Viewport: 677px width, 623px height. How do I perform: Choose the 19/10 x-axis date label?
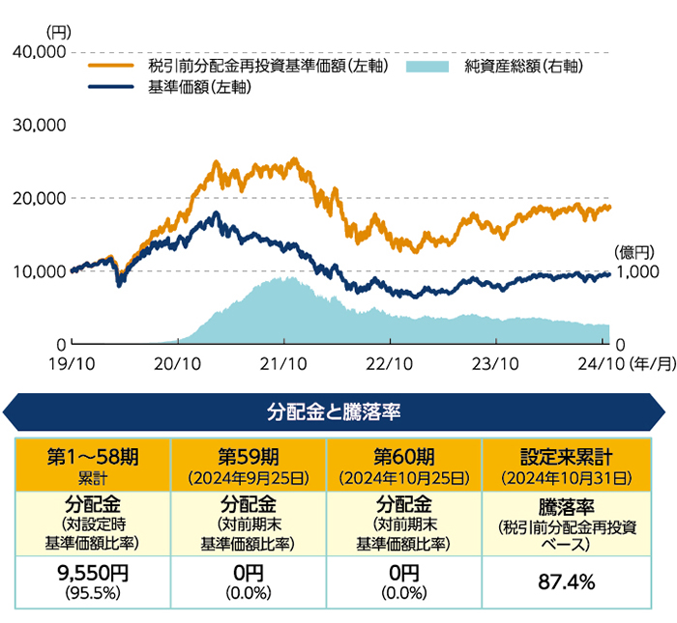pos(72,364)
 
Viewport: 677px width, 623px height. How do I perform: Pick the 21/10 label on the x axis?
pos(283,364)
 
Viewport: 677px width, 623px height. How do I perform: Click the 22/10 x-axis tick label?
pos(390,364)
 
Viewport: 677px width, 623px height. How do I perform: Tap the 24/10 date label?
pos(602,364)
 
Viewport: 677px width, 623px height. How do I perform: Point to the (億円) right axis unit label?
pos(634,251)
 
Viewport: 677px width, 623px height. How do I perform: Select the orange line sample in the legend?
pos(111,67)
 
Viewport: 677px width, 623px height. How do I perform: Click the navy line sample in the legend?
pos(111,87)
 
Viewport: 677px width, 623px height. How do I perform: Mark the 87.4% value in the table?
pos(560,581)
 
